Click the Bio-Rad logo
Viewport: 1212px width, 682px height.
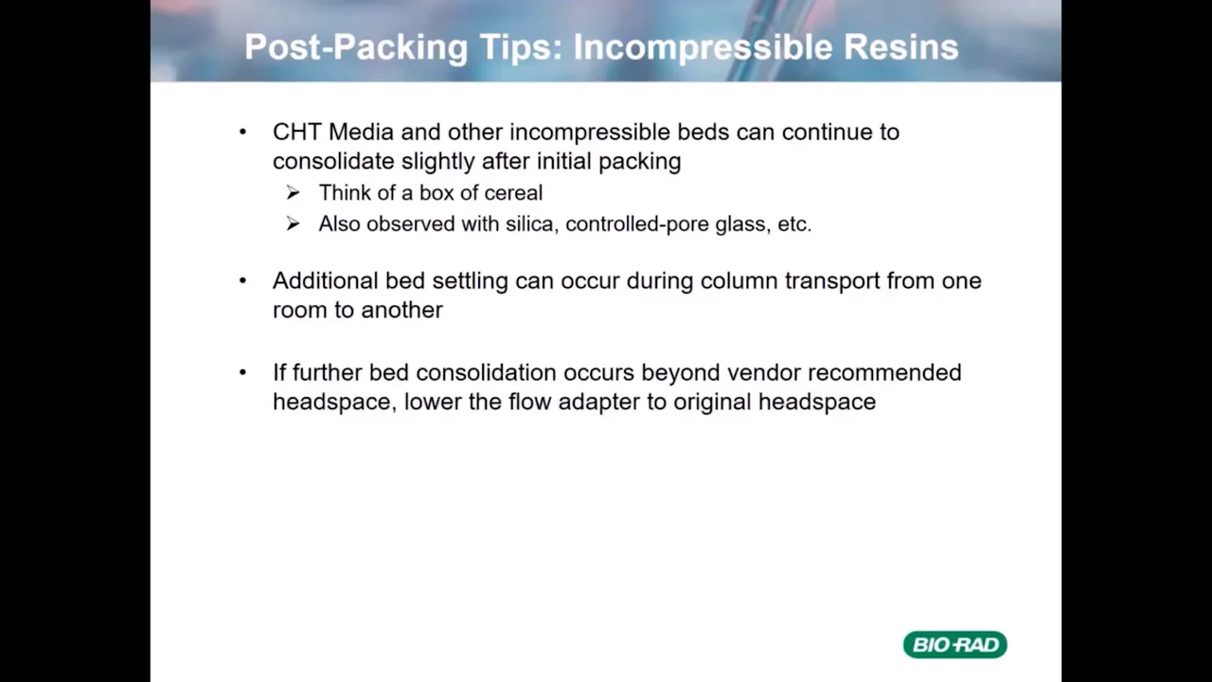click(954, 645)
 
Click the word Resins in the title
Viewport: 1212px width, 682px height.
click(901, 47)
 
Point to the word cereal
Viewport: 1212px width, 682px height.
click(513, 193)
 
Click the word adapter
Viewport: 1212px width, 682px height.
click(598, 403)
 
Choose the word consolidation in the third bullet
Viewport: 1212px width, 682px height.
click(486, 373)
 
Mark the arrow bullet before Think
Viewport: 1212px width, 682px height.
click(293, 193)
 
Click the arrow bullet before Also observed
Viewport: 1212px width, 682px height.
click(293, 224)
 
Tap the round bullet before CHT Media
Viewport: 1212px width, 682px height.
click(243, 133)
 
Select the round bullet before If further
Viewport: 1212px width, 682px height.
click(243, 373)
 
